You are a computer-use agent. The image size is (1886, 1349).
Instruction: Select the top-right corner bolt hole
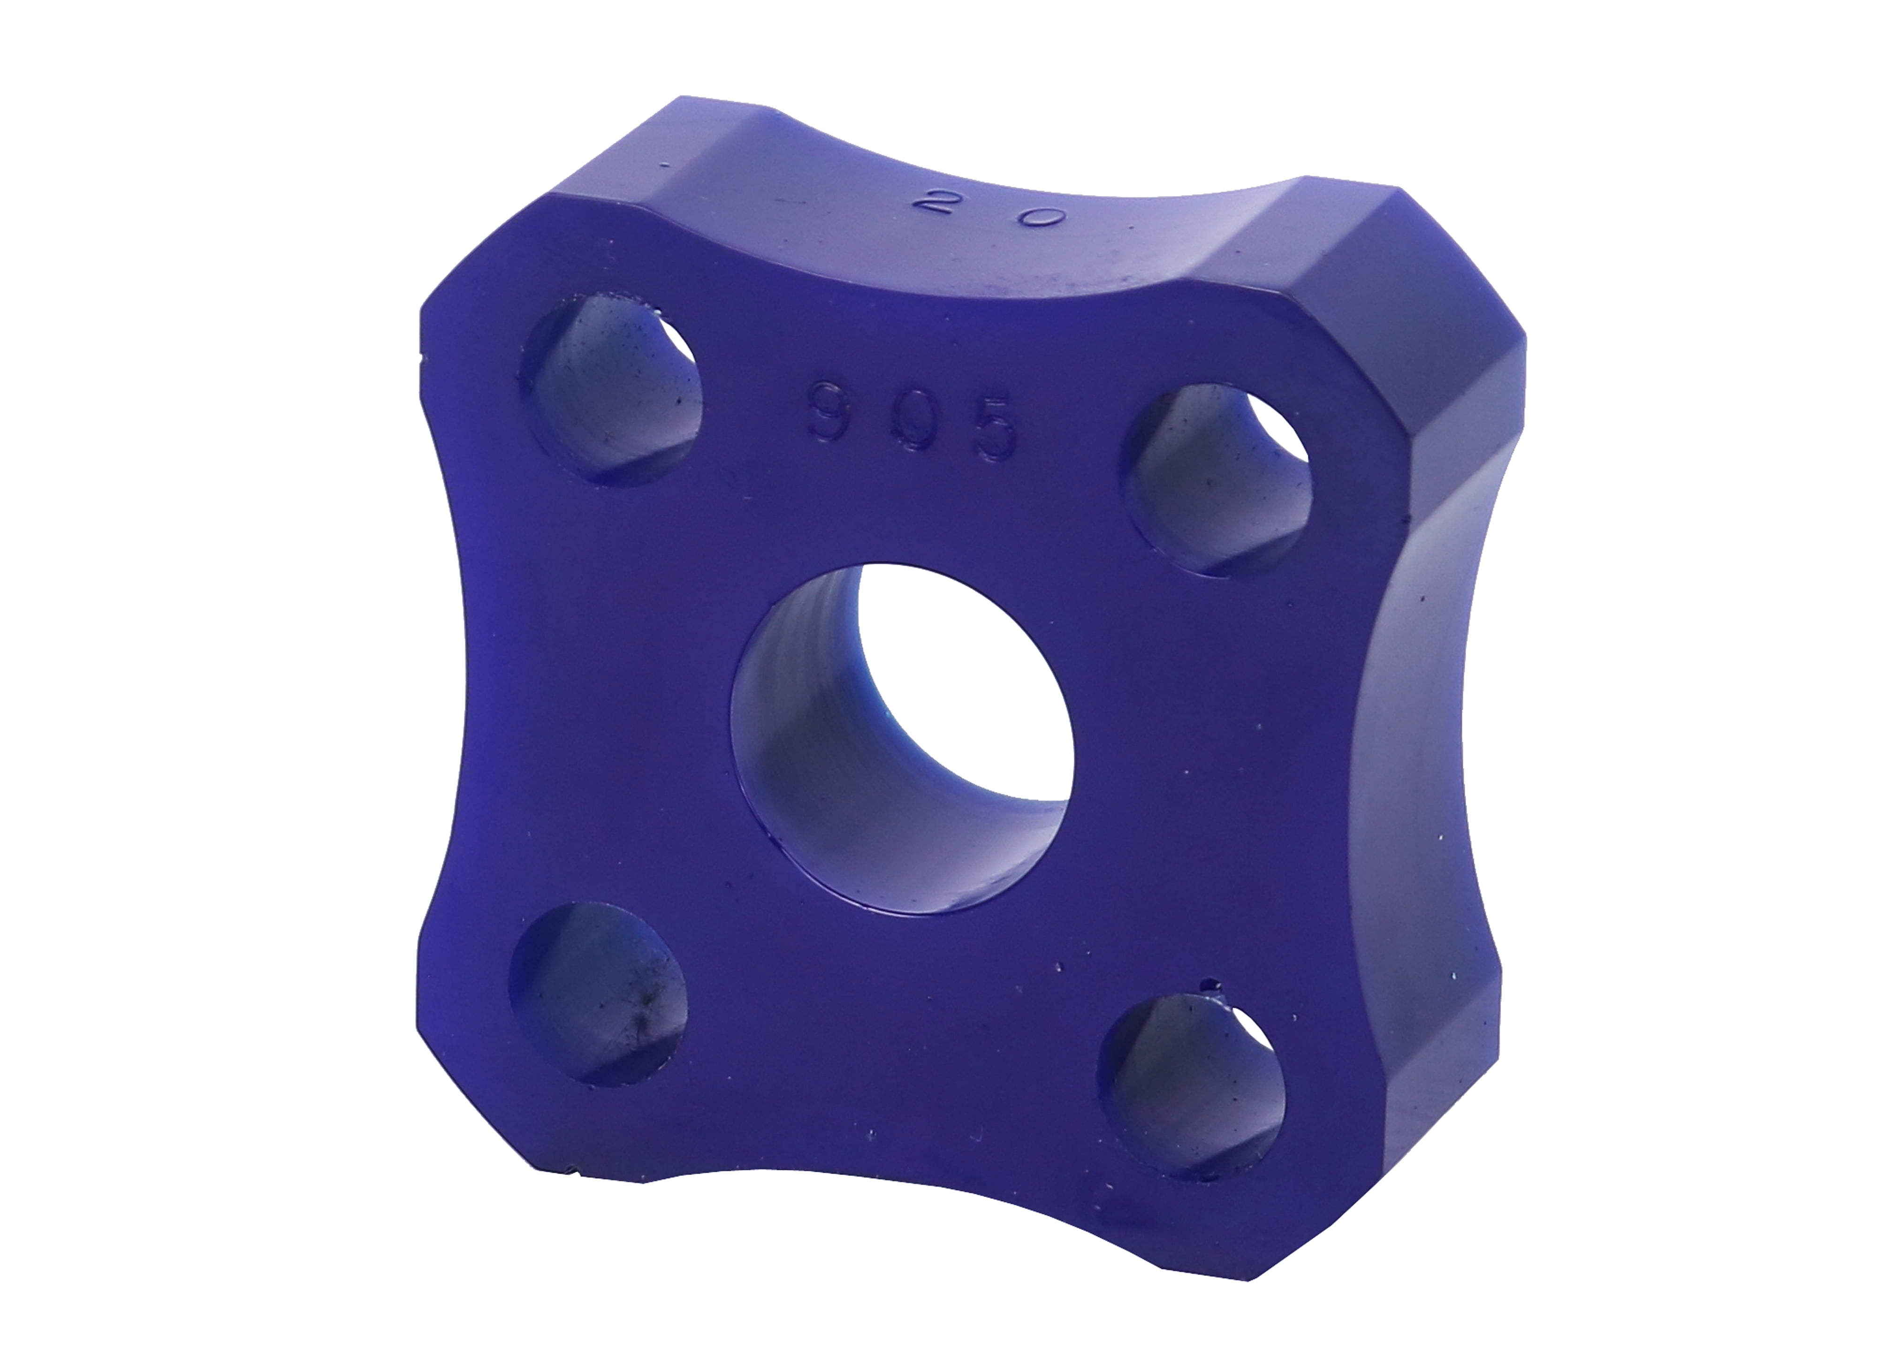point(1217,480)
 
